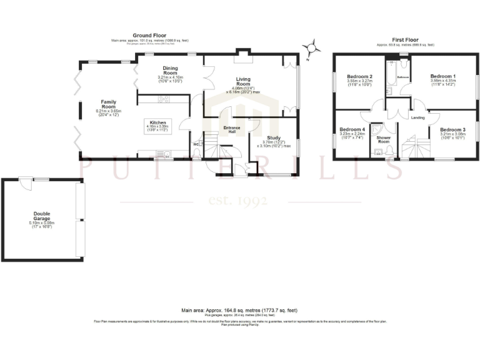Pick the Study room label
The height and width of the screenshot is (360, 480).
coord(273,138)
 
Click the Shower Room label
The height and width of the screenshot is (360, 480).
coord(383,139)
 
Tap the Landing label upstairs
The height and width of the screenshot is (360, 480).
coord(418,117)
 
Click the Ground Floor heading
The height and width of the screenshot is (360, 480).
coord(147,36)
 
